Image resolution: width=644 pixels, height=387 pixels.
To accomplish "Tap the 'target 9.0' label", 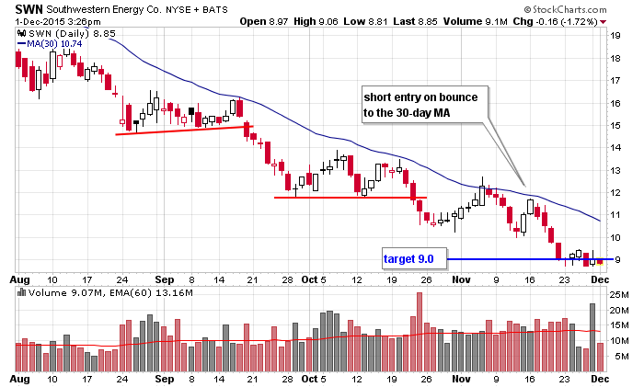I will pyautogui.click(x=413, y=260).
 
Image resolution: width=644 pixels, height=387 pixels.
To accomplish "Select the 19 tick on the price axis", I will pyautogui.click(x=617, y=35).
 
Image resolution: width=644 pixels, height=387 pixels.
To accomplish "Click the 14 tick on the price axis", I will pyautogui.click(x=617, y=148).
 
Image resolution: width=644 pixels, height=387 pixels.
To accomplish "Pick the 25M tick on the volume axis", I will pyautogui.click(x=620, y=295).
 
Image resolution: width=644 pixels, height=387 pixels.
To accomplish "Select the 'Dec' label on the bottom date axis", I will pyautogui.click(x=601, y=378).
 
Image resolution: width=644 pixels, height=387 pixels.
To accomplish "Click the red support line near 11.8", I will pyautogui.click(x=350, y=198).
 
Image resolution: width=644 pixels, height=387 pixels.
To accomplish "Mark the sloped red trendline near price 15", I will pyautogui.click(x=184, y=130).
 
